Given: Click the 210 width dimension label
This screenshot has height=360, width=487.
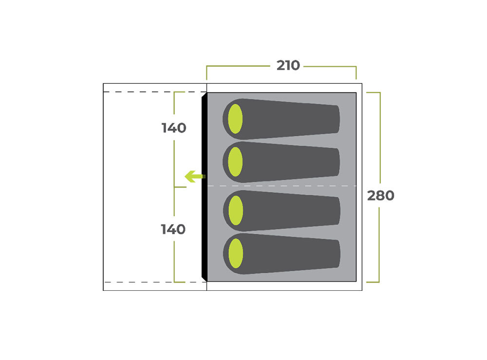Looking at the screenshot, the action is coord(288,66).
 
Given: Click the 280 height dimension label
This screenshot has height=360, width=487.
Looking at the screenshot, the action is coord(380,196).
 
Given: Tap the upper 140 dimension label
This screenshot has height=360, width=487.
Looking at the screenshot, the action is coord(174,128).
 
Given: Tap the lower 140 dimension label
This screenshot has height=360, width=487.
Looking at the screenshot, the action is coord(173,229).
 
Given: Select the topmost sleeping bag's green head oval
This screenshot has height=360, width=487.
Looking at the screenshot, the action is coord(235,119).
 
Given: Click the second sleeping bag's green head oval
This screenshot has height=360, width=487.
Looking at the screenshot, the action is coord(235,162).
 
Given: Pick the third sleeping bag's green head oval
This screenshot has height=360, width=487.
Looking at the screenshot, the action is coord(235,210).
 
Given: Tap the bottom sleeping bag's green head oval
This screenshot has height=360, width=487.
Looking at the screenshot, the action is coord(235,253).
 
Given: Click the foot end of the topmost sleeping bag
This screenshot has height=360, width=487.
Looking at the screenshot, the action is coord(337,119).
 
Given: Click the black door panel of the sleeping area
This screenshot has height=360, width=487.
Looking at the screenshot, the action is coord(204,187).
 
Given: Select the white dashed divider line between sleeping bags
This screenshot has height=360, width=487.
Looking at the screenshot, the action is coord(281,186).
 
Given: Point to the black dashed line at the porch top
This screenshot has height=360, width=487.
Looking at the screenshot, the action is coord(155,92).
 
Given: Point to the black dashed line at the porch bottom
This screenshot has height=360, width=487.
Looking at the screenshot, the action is coord(155,283).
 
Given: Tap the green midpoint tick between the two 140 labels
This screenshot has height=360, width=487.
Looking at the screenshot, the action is coord(180,187).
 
